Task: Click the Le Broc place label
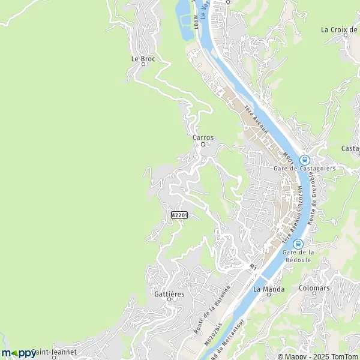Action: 143,59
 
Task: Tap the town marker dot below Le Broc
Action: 143,65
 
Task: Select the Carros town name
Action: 203,137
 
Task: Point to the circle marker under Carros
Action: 203,144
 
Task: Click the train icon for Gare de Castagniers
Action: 304,160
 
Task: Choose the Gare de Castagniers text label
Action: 304,169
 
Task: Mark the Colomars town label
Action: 314,288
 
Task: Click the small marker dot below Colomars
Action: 314,294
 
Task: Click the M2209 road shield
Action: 179,215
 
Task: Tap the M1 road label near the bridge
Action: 253,265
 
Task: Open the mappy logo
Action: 19,353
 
